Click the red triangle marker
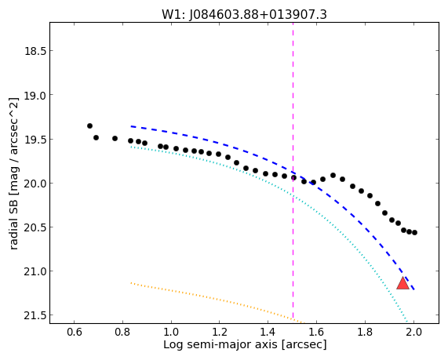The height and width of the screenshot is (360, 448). [x=402, y=283]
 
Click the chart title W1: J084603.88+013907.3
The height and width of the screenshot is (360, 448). [x=244, y=15]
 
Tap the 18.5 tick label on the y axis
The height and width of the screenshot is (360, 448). [x=35, y=51]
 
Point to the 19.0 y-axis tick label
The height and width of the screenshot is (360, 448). [x=35, y=96]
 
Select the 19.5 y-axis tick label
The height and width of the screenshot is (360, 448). [x=35, y=140]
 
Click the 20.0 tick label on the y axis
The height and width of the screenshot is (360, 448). [x=35, y=184]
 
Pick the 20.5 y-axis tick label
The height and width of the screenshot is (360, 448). [x=35, y=227]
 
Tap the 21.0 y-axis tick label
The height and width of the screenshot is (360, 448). [x=35, y=271]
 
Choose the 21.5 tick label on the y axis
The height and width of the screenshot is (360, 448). [x=35, y=316]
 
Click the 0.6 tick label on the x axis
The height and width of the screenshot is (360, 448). [x=75, y=333]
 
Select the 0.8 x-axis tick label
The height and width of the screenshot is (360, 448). [x=122, y=333]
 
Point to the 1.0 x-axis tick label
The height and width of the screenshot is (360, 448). [x=171, y=333]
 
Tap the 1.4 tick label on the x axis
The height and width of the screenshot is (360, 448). [x=268, y=333]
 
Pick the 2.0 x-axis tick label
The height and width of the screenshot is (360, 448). [x=413, y=333]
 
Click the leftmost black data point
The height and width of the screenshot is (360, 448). [x=89, y=125]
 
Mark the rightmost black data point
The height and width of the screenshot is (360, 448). [x=414, y=233]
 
